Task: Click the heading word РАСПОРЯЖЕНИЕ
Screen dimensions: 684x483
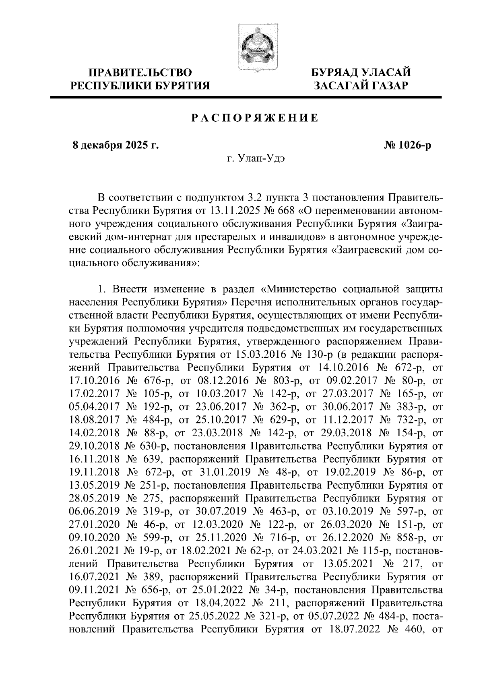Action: [254, 118]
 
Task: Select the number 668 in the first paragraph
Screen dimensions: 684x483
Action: [291, 211]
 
